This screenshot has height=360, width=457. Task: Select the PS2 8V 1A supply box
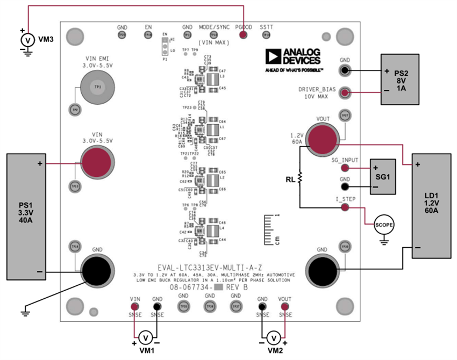point(399,78)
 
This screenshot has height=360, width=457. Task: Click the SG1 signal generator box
point(383,176)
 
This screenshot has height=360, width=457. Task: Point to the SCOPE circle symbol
point(383,224)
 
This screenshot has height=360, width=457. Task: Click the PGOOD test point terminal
point(243,35)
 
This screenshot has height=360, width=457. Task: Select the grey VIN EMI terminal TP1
point(97,87)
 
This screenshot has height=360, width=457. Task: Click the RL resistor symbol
point(301,177)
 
